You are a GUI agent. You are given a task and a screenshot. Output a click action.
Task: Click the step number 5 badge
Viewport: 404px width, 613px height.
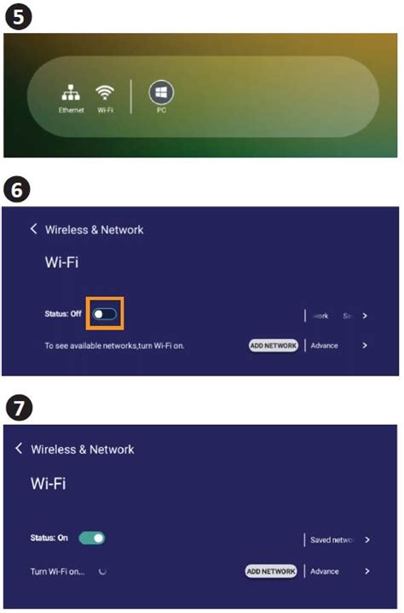[17, 17]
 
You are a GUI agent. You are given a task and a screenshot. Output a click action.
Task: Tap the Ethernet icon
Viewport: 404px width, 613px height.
[72, 95]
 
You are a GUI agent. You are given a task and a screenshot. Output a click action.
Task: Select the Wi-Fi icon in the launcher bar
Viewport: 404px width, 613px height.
[105, 94]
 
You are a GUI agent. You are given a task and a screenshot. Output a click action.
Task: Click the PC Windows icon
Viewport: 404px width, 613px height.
[160, 93]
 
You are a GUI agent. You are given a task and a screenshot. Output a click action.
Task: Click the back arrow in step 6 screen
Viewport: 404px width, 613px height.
[34, 229]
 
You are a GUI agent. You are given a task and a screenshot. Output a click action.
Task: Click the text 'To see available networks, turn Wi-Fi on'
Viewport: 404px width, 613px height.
[114, 346]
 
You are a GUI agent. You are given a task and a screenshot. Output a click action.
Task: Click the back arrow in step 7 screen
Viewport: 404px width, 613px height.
[20, 449]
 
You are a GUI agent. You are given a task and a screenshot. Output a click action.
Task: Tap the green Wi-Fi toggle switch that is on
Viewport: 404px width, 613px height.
[92, 539]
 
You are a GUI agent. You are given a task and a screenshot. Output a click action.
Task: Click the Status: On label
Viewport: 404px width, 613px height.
[49, 539]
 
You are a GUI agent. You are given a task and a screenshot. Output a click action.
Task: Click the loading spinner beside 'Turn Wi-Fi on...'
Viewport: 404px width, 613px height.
[103, 571]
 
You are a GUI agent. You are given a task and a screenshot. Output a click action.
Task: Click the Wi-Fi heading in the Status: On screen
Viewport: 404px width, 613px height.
[49, 484]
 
